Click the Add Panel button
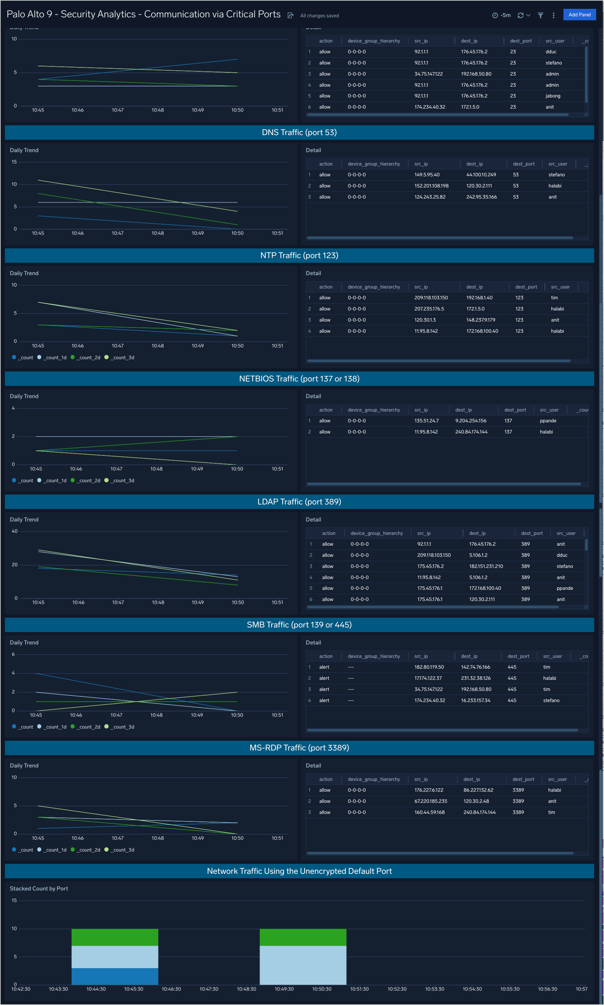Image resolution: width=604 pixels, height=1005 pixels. (x=579, y=15)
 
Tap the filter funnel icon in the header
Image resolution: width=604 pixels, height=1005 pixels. (x=540, y=15)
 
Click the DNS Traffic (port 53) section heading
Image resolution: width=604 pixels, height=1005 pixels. (x=299, y=132)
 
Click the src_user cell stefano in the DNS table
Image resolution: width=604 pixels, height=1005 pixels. (x=556, y=175)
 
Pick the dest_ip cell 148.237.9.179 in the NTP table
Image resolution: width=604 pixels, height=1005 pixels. (x=480, y=320)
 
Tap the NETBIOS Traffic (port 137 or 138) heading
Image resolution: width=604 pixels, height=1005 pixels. (x=299, y=379)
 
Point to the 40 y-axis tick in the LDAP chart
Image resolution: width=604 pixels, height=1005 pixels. (x=15, y=531)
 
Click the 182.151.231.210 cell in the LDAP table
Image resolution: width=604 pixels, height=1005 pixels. (x=486, y=566)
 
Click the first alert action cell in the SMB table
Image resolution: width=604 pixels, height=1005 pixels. (x=324, y=667)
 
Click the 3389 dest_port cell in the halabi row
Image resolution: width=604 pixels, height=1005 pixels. (x=518, y=790)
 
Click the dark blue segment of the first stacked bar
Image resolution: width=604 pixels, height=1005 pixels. (x=115, y=976)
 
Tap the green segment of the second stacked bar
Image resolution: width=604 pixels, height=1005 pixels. (x=303, y=937)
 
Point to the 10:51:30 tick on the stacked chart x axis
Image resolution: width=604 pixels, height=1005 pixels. (x=359, y=989)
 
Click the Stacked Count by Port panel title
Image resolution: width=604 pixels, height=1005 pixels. (x=39, y=889)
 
